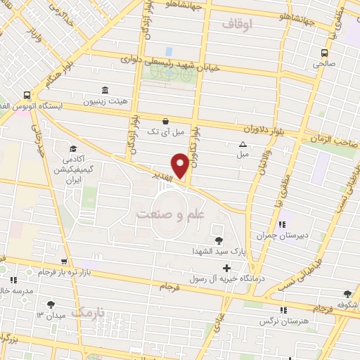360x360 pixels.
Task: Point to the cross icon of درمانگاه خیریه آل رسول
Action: [226, 268]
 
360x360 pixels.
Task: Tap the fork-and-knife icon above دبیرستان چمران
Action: [282, 225]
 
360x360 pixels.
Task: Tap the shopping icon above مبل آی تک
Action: [165, 120]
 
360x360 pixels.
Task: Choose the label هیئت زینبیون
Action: [105, 101]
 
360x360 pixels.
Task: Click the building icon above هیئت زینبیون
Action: [105, 90]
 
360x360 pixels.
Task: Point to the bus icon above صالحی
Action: [324, 53]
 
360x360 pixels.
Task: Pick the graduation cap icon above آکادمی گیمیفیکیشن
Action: [73, 148]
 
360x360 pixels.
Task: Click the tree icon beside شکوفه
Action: [347, 294]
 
